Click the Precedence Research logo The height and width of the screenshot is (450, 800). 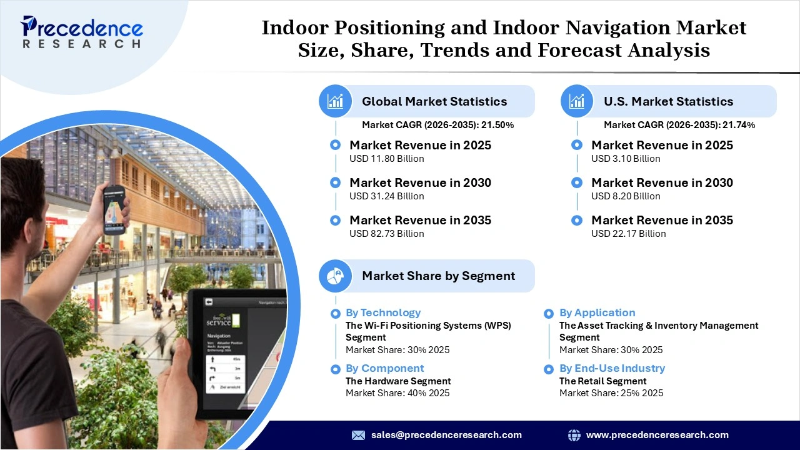coord(81,31)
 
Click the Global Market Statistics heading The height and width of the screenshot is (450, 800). coord(434,101)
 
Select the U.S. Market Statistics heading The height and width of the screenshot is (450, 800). coord(668,101)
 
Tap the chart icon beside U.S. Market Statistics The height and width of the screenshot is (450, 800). coord(577,101)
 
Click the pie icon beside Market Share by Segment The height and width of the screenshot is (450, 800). coord(336,276)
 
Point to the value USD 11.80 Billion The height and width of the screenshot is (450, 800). coord(386,159)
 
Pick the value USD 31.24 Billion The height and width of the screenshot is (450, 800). coord(386,196)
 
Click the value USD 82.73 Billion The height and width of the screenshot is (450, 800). coord(386,234)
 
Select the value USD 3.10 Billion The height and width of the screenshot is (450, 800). coord(626,159)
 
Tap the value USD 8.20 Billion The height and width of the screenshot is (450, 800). coord(626,196)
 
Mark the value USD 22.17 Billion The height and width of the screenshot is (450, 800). coord(628,234)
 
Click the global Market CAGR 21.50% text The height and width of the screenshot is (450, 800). coord(437,125)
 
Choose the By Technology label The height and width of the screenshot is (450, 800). coord(383,312)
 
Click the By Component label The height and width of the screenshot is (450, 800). coord(384,368)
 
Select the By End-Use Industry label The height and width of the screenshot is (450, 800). coord(612,368)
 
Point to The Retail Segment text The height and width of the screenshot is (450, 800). coord(602,381)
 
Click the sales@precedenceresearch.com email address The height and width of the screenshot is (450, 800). coord(446,435)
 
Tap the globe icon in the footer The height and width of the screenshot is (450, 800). coord(574,435)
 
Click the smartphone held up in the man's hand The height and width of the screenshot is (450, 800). coord(114,209)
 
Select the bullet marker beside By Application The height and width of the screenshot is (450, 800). coord(549,314)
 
